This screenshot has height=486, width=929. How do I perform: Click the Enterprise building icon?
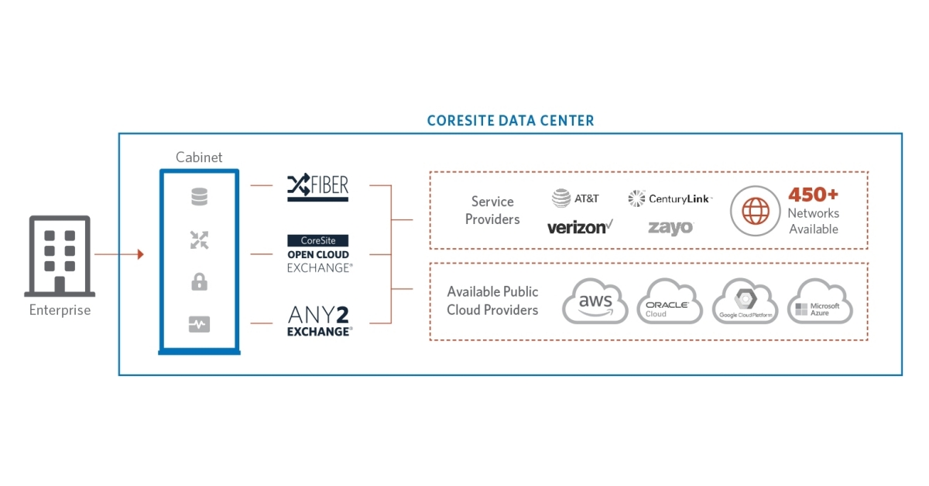pos(60,256)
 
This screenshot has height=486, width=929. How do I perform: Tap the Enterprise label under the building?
pos(60,311)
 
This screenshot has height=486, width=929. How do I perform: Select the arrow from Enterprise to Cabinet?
pos(119,254)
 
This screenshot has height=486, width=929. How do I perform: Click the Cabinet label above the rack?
pos(199,157)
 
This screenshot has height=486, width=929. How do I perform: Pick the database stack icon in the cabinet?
pos(199,198)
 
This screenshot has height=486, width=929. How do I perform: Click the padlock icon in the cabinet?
pos(199,282)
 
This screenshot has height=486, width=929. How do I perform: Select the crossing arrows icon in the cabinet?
pos(199,240)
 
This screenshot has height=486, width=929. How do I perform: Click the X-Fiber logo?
pos(318,187)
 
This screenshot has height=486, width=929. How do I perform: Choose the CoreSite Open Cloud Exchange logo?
pos(318,253)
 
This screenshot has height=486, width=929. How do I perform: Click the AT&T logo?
pos(575,198)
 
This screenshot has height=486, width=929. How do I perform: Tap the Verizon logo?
pos(580,227)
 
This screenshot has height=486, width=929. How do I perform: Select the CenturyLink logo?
pos(670,199)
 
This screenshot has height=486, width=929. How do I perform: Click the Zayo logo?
pos(670,227)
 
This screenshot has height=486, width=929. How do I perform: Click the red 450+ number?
pos(813,195)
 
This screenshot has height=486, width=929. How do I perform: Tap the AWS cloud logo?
pos(595,302)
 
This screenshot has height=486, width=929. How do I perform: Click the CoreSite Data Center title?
pos(510,121)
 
